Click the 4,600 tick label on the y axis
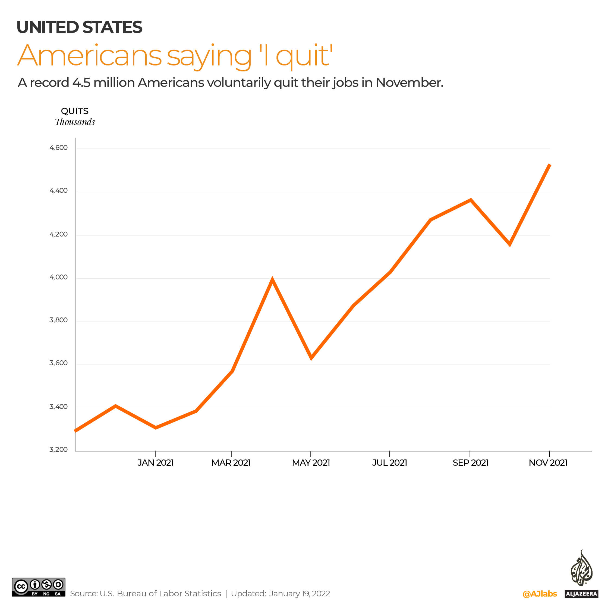pyautogui.click(x=58, y=148)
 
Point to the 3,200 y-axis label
pyautogui.click(x=58, y=449)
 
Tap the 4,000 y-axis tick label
pyautogui.click(x=58, y=277)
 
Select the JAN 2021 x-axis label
pyautogui.click(x=155, y=463)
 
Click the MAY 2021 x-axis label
pyautogui.click(x=311, y=463)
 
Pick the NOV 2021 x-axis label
pyautogui.click(x=548, y=463)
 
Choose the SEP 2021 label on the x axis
pyautogui.click(x=470, y=463)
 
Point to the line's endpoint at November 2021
pyautogui.click(x=550, y=165)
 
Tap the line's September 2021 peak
pyautogui.click(x=471, y=200)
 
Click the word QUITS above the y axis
pyautogui.click(x=75, y=111)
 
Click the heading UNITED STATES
pyautogui.click(x=79, y=27)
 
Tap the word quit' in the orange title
pyautogui.click(x=304, y=56)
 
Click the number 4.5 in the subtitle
pyautogui.click(x=81, y=83)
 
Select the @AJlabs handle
pyautogui.click(x=540, y=594)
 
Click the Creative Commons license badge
pyautogui.click(x=39, y=587)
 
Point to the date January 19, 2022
pyautogui.click(x=300, y=594)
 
